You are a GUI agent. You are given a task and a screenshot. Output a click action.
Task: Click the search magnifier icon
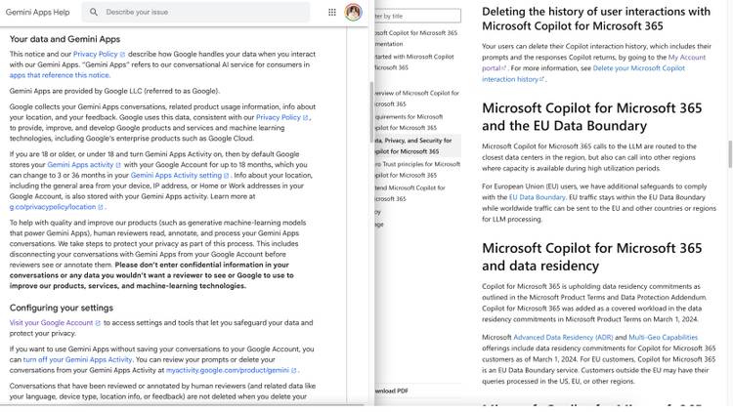tap(94, 12)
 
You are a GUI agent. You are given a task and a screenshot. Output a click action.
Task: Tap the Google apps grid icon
tap(332, 12)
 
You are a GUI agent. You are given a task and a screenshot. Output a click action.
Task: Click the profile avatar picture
tap(353, 12)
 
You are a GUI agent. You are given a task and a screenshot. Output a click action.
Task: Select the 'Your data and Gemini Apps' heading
tap(65, 39)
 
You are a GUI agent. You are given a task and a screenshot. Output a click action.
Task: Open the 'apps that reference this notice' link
tap(60, 75)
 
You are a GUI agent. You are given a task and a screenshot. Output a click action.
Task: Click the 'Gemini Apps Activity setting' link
tap(176, 176)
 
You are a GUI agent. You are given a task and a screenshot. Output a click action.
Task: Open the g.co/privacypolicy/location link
tap(54, 207)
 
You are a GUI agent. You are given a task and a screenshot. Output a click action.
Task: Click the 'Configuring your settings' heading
tap(61, 308)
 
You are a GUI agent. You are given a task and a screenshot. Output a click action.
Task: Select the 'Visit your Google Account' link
tap(51, 322)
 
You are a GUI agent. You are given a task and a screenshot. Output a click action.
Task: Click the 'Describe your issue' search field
tap(195, 12)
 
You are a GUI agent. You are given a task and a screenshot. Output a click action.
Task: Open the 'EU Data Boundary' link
tap(537, 197)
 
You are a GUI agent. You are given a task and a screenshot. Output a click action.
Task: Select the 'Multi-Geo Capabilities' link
tap(663, 337)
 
